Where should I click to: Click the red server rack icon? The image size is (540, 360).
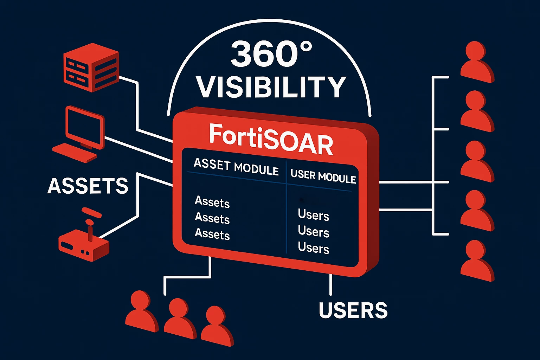pyautogui.click(x=91, y=67)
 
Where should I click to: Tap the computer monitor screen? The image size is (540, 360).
pyautogui.click(x=85, y=128)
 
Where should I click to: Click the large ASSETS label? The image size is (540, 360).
pyautogui.click(x=88, y=186)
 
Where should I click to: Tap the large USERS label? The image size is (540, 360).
pyautogui.click(x=353, y=310)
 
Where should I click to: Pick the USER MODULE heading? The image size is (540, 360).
pyautogui.click(x=323, y=176)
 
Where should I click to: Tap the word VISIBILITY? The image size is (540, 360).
pyautogui.click(x=271, y=87)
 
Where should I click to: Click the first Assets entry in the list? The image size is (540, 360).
pyautogui.click(x=212, y=202)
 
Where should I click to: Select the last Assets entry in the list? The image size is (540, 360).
pyautogui.click(x=212, y=234)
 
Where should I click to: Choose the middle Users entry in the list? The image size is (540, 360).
pyautogui.click(x=313, y=231)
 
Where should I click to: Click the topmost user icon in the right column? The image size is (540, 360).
pyautogui.click(x=477, y=62)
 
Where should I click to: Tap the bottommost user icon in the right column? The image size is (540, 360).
pyautogui.click(x=477, y=261)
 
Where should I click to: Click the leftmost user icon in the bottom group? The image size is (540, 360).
pyautogui.click(x=142, y=311)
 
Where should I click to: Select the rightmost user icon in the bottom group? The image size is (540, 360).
pyautogui.click(x=217, y=326)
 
